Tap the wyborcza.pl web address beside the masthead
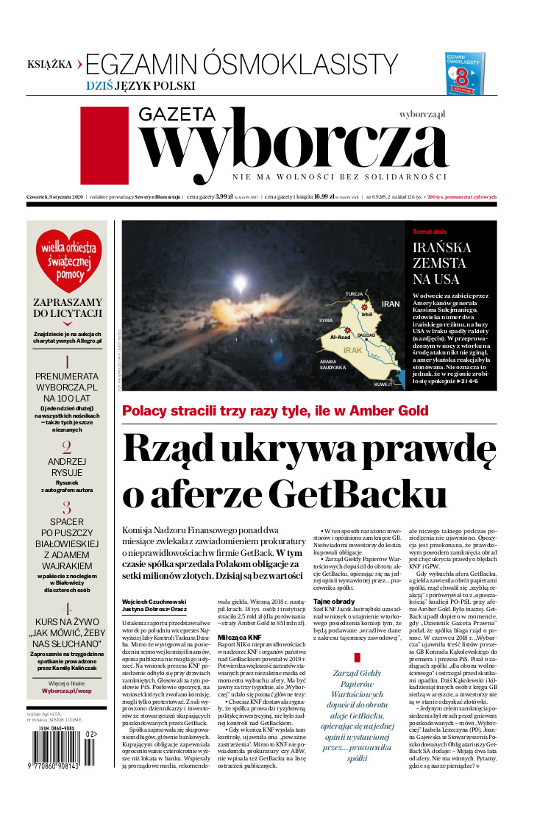coord(423,115)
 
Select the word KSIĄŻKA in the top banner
coord(50,64)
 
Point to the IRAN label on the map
coord(390,304)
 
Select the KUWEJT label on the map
coord(385,385)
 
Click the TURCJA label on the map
coord(355,293)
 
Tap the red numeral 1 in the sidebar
coord(67,361)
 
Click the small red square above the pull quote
coord(357,656)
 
